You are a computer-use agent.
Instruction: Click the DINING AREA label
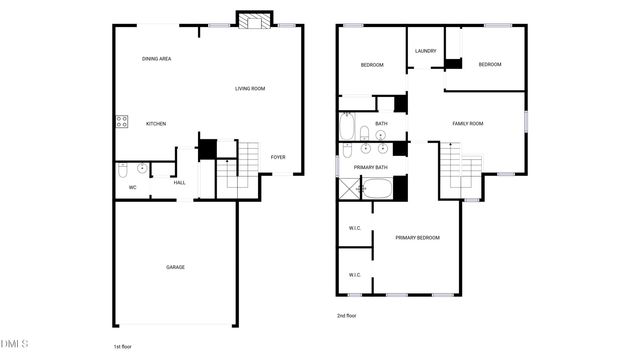tap(157, 59)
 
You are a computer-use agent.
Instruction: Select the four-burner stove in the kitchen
tap(122, 123)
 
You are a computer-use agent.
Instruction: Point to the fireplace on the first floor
tap(253, 20)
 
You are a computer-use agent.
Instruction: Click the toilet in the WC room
tap(122, 169)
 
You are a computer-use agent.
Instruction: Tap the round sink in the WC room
tap(142, 168)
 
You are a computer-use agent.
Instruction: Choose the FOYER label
tap(278, 157)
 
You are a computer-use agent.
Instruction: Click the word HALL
tap(180, 182)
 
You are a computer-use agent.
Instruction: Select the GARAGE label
tap(175, 267)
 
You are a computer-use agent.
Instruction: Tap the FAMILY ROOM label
tap(467, 123)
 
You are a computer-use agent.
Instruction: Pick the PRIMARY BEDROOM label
tap(417, 237)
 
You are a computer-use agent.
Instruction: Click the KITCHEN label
tap(156, 123)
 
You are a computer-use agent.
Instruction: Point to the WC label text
tap(132, 187)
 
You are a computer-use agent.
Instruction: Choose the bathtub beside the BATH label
tap(348, 127)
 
